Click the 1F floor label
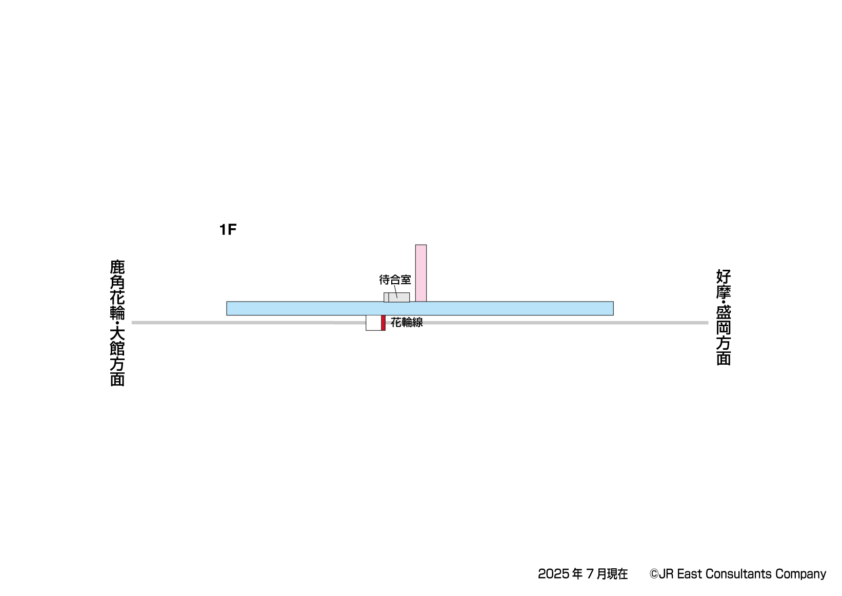coord(228,229)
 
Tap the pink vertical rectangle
coord(420,273)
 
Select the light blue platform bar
coord(420,308)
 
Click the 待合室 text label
coord(395,280)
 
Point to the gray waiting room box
coord(396,297)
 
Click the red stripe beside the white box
coord(383,323)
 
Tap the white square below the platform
coord(374,323)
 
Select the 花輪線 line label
coord(407,322)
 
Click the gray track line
coord(420,323)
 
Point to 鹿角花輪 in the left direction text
coord(117,290)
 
